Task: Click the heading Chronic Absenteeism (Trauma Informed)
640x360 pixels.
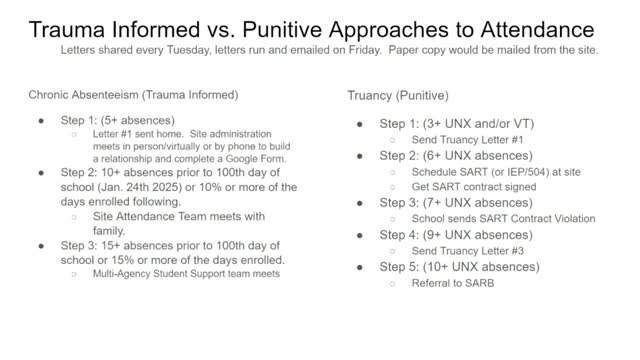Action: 134,95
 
